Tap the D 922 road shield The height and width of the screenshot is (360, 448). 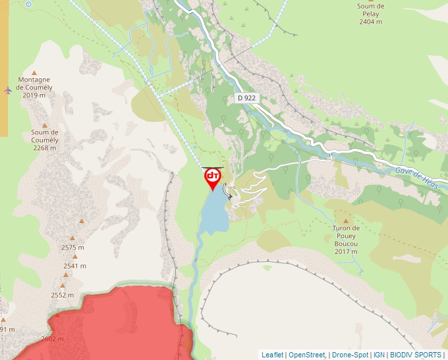coord(246,98)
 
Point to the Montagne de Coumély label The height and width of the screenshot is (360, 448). coord(34,87)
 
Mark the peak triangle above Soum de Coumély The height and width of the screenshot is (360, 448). coord(45,125)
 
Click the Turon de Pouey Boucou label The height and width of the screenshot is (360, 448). coord(346,240)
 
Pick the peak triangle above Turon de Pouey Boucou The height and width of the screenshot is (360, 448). coord(345,221)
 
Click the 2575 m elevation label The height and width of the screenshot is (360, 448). coord(73,247)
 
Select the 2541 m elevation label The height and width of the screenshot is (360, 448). coord(75,266)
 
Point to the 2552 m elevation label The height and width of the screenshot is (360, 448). coord(63,296)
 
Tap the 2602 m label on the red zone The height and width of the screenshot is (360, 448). coord(52,339)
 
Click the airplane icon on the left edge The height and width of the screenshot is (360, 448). coord(7,90)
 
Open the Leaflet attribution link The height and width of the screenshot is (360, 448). coord(272,355)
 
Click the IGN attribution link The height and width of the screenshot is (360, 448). coord(379,355)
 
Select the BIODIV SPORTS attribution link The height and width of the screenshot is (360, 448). coord(415,355)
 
